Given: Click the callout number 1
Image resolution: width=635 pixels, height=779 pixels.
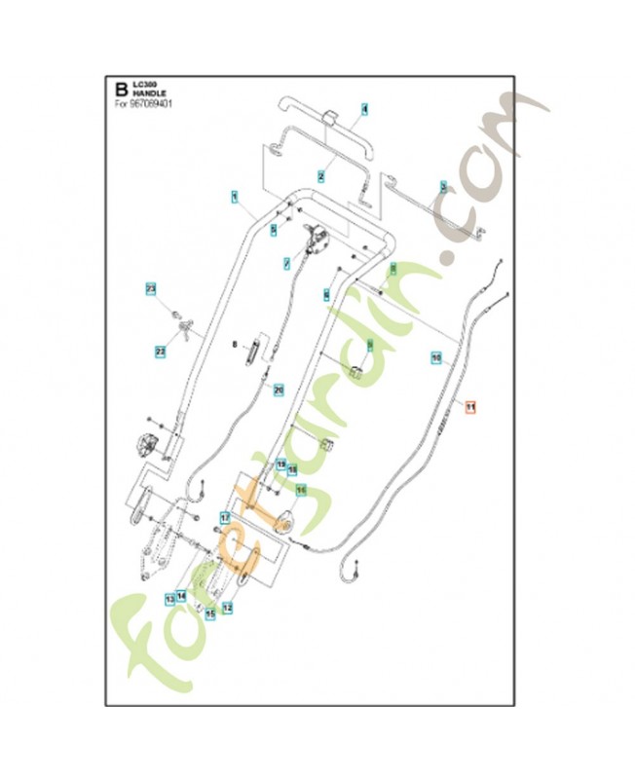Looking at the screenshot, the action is click(x=234, y=197).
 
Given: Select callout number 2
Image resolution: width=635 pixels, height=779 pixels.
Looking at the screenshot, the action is click(x=319, y=176).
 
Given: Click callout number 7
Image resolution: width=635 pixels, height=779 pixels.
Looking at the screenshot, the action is click(x=286, y=263).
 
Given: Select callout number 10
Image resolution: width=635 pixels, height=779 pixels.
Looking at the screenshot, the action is click(x=436, y=358).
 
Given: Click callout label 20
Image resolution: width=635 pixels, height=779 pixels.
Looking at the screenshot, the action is click(x=279, y=389).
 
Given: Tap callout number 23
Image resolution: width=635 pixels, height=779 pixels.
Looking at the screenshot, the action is click(x=151, y=289).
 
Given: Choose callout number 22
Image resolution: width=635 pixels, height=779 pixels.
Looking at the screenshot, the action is click(x=161, y=351).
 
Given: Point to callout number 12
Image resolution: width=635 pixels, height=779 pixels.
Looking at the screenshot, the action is click(x=228, y=607).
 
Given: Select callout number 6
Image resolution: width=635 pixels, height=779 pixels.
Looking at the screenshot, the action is click(x=326, y=293).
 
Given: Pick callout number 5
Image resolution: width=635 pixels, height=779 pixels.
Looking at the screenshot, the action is click(x=274, y=230).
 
